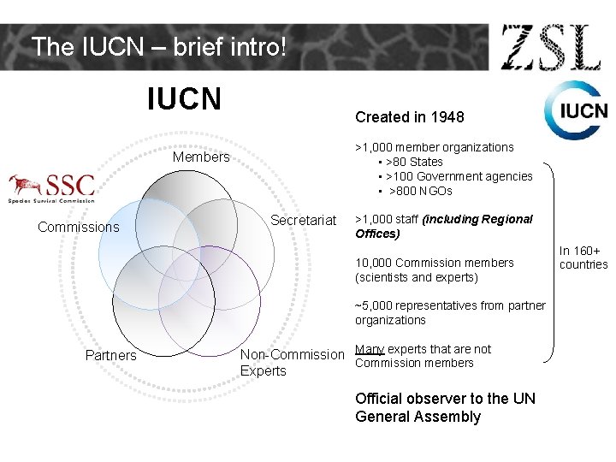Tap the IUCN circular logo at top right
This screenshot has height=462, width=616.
pos(575,110)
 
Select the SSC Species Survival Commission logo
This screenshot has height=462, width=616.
pos(51,188)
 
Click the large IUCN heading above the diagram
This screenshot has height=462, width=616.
pos(184,99)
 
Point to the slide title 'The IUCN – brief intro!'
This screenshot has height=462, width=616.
pos(157,46)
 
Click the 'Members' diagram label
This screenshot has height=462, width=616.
pos(201,157)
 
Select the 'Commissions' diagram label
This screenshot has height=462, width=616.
pos(79,227)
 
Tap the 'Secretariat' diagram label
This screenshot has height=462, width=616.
pos(304,221)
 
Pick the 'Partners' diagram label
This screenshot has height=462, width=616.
pos(110,355)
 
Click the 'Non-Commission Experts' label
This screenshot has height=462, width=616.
pos(292,362)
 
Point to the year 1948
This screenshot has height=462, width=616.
pos(447,116)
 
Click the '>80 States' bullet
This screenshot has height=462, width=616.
pos(414,162)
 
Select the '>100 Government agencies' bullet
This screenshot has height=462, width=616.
pos(459,176)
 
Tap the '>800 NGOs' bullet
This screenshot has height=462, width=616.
pos(421,191)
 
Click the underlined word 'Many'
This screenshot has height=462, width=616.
pos(370,348)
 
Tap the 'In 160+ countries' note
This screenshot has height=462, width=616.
pos(583,258)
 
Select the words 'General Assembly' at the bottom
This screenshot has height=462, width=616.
pos(418,417)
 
